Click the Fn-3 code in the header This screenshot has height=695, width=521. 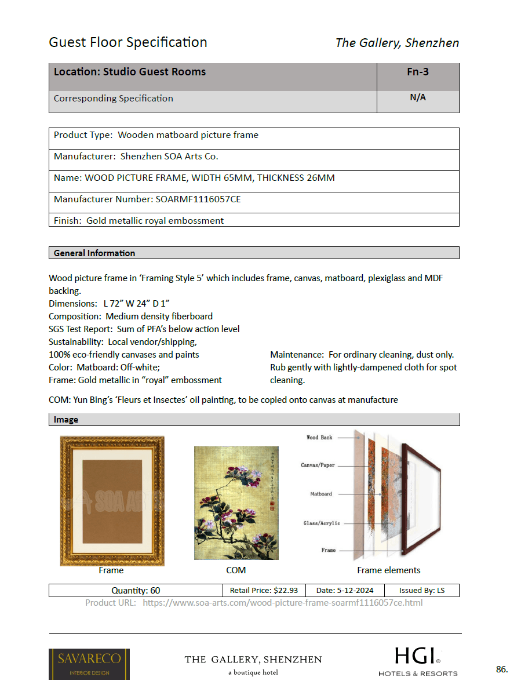click(417, 72)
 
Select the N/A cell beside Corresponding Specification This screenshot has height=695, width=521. click(417, 97)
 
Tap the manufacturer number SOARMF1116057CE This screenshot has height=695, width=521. click(198, 199)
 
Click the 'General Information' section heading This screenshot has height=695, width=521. click(94, 253)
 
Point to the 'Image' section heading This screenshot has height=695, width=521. click(66, 419)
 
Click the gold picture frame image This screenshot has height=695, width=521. click(112, 501)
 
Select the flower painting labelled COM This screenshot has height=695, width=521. click(236, 503)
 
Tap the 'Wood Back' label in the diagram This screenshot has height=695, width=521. click(319, 438)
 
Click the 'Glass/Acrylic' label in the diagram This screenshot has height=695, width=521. click(322, 523)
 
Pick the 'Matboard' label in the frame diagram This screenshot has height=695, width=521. click(321, 494)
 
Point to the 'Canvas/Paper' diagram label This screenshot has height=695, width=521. click(318, 465)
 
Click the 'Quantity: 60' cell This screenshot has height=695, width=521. click(136, 590)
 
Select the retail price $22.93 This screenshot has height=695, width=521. click(264, 590)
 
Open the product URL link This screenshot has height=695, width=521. click(282, 602)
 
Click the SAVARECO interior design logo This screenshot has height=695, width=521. click(89, 664)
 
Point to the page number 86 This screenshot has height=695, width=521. click(502, 669)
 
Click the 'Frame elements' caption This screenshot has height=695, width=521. click(388, 570)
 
